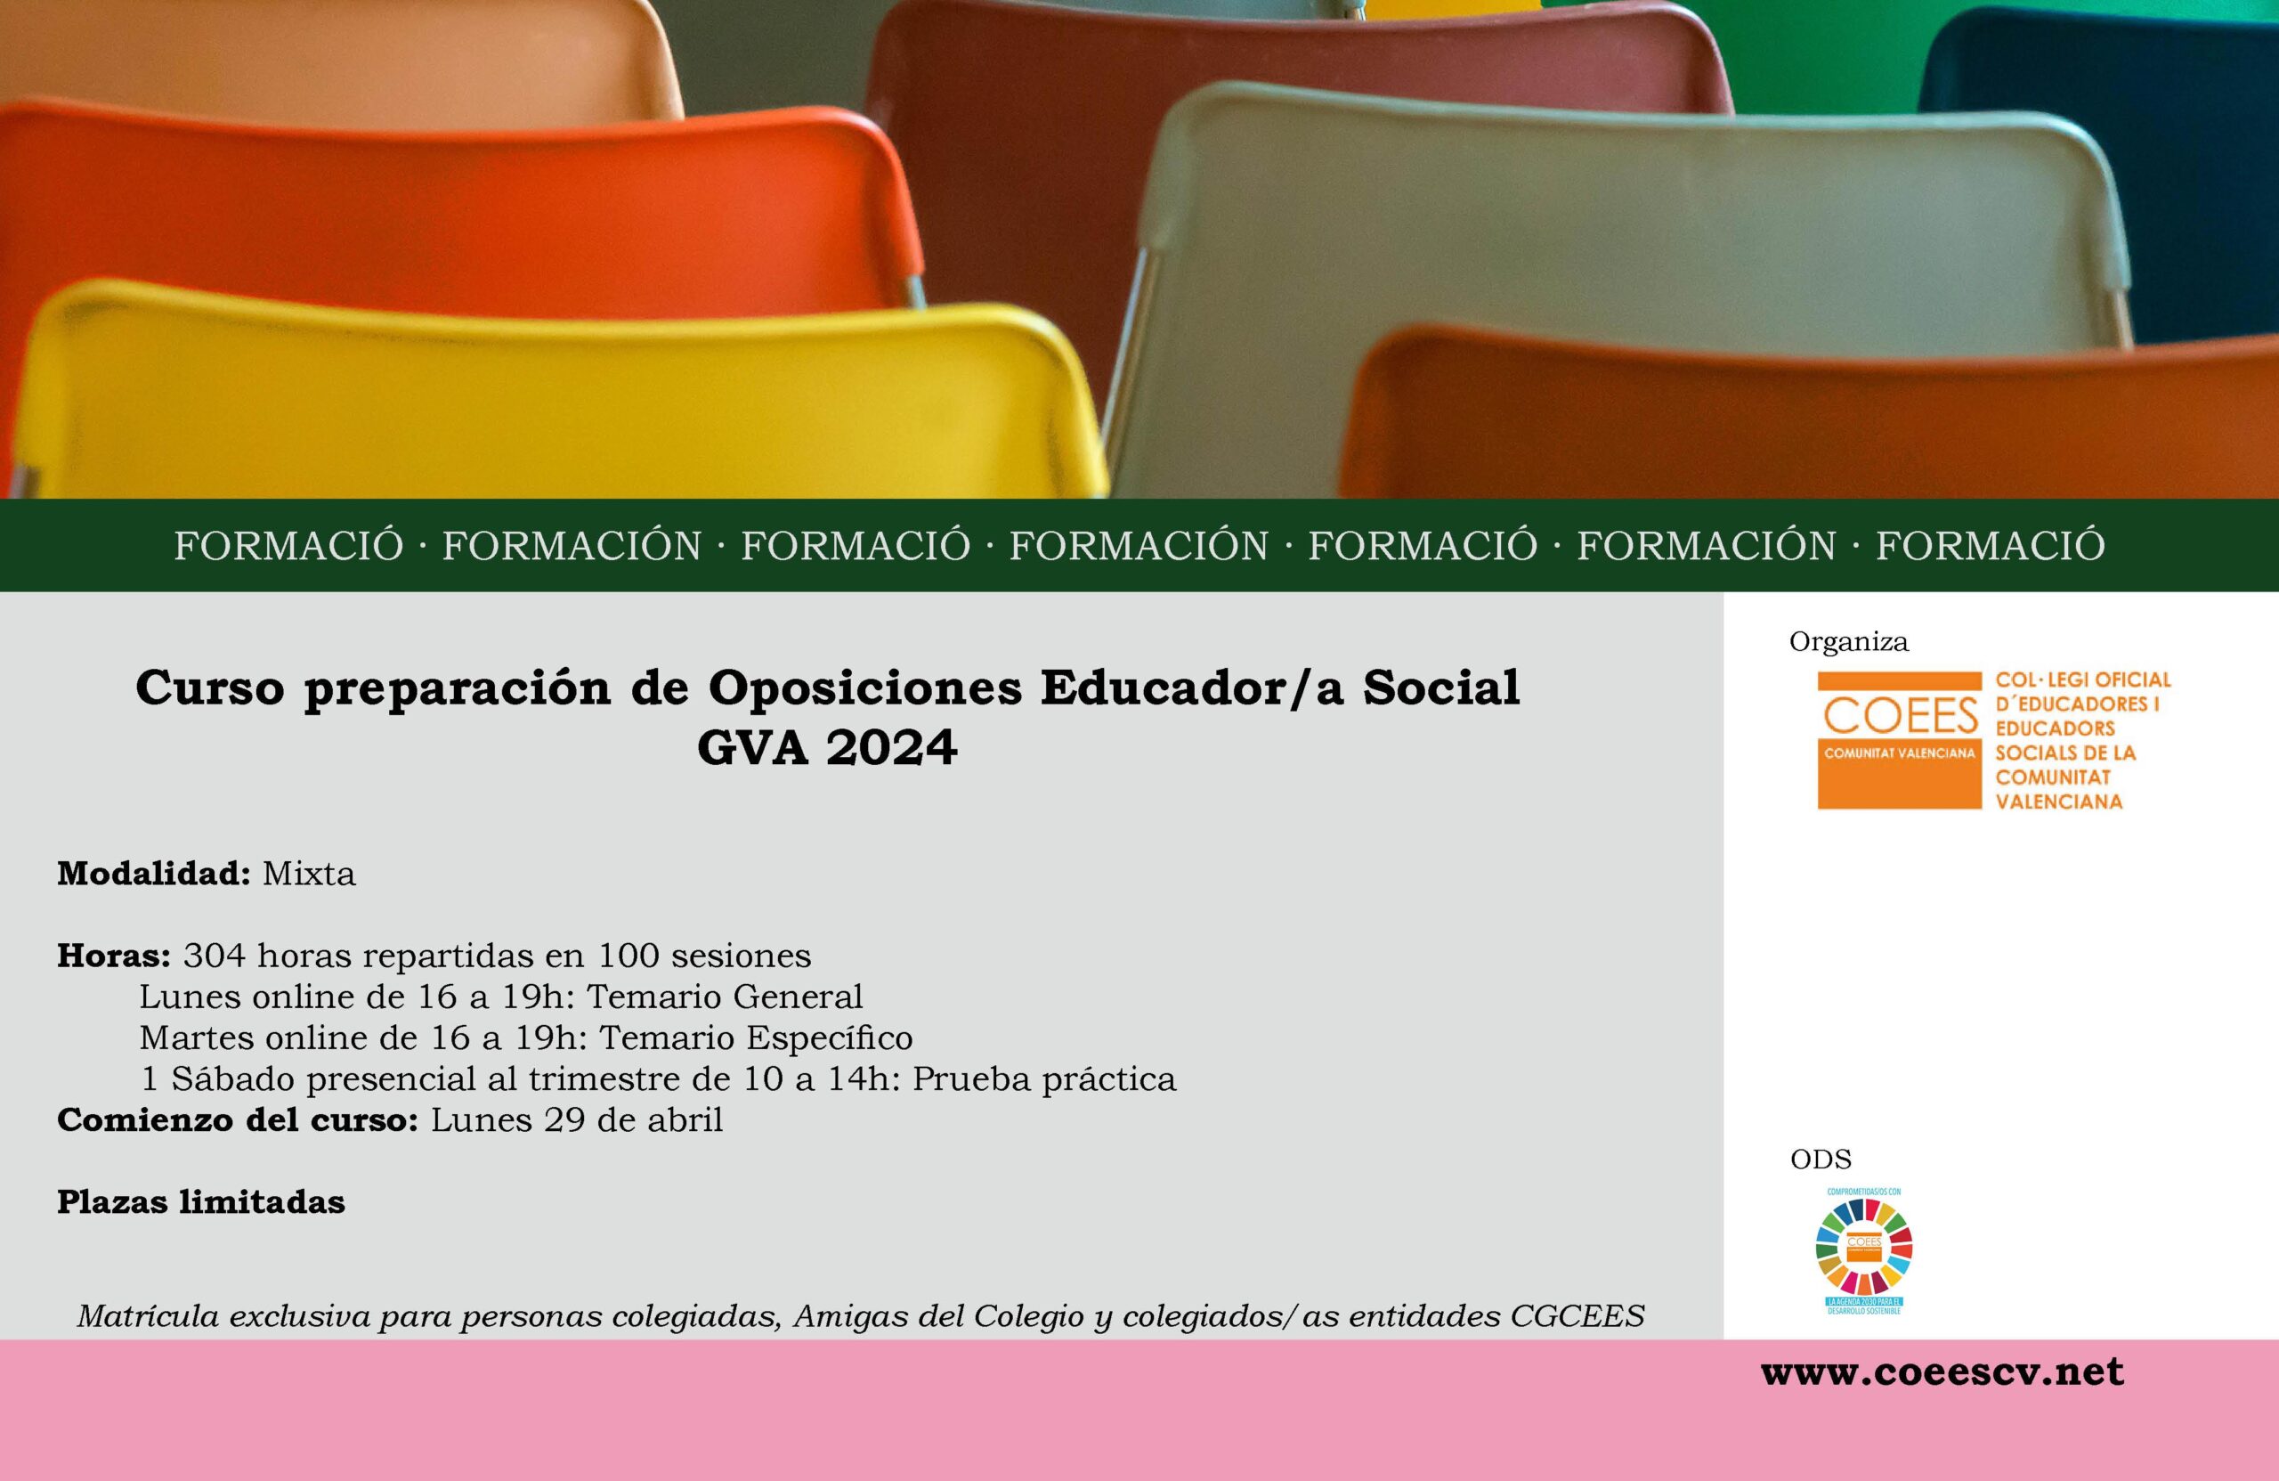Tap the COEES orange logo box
(x=1899, y=739)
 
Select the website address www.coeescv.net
(x=1942, y=1371)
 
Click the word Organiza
(x=1848, y=642)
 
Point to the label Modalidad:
(x=153, y=874)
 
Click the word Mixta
(x=308, y=874)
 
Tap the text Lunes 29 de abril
(x=577, y=1119)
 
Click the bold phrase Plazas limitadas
(x=201, y=1201)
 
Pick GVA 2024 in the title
(x=826, y=748)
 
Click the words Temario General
(x=725, y=997)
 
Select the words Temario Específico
(x=756, y=1038)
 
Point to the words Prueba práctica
(x=1043, y=1078)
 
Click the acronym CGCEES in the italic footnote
(x=1577, y=1316)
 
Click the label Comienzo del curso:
(x=238, y=1119)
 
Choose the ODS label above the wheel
(x=1821, y=1160)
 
